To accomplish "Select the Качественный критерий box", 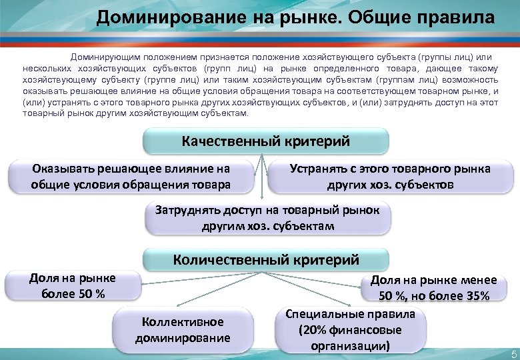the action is click(265, 141).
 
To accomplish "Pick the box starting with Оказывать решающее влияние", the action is click(131, 176).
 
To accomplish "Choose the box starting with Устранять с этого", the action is click(390, 176).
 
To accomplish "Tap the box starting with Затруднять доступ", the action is click(267, 218).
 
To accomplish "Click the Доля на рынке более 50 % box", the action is click(73, 285).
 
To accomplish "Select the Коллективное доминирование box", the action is click(183, 329).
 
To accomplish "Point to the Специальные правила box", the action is click(350, 330).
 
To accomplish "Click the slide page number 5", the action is click(513, 353).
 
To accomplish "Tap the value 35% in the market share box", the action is click(475, 295).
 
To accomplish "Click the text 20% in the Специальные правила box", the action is click(313, 330).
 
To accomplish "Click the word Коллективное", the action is click(183, 321).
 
